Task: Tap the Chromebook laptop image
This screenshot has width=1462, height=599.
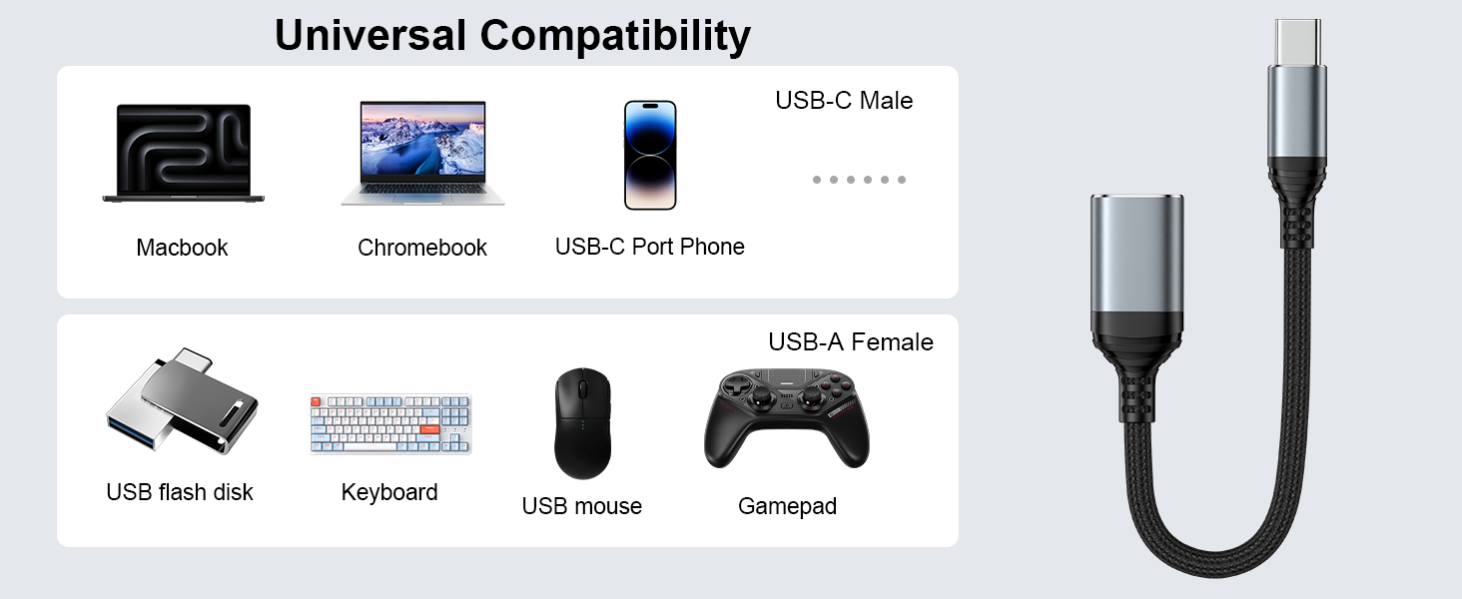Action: coord(422,153)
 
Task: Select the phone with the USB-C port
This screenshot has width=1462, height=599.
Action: coord(650,155)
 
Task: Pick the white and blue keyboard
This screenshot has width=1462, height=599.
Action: coord(389,424)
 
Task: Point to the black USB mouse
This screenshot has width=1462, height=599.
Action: coord(582,422)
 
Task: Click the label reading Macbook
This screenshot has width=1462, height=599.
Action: coord(182,248)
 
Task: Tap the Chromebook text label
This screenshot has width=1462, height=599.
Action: coord(422,248)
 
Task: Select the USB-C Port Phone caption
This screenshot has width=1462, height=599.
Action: coord(650,247)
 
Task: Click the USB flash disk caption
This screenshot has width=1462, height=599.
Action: coord(180,492)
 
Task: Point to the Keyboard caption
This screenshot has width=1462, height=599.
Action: coord(389,492)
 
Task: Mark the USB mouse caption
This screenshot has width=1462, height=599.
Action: coord(582,506)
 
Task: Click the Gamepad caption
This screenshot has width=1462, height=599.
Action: coord(787,506)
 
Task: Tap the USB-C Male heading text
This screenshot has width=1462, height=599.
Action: coord(844,101)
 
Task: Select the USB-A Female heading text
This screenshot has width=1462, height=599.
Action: coord(851,342)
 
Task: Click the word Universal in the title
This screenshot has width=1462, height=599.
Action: coord(370,35)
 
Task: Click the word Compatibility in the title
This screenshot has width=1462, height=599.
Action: coord(616,35)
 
